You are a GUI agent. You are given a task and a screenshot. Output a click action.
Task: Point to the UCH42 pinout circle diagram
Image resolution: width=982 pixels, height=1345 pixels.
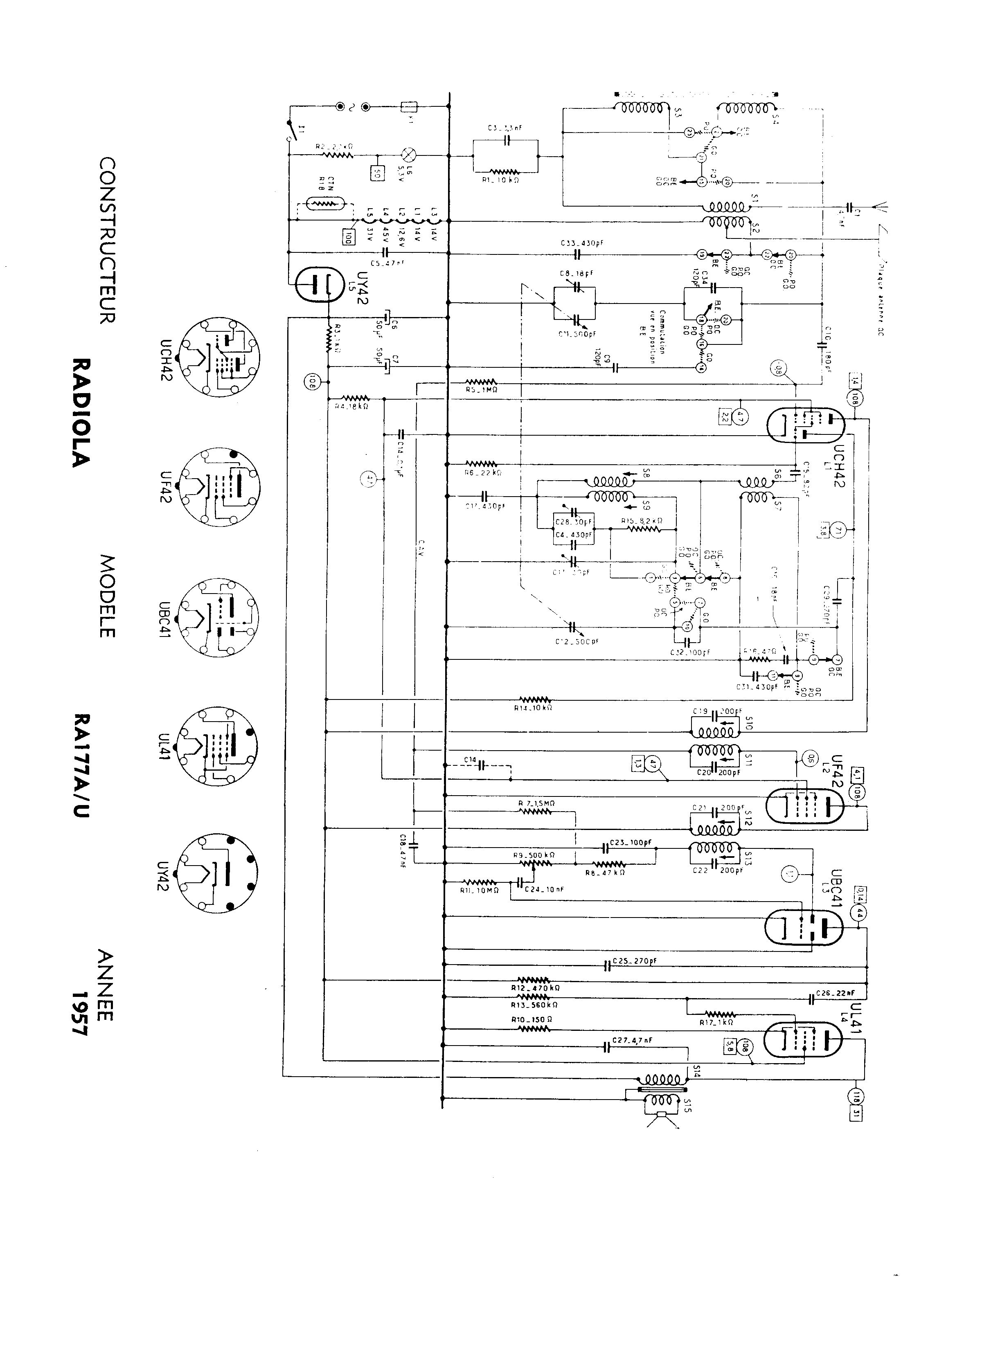pos(220,357)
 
